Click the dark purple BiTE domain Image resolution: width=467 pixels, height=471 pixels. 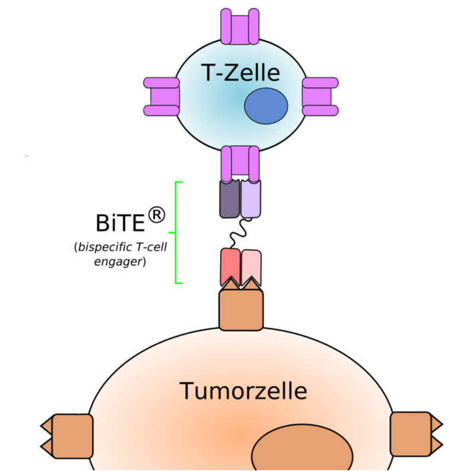(x=230, y=198)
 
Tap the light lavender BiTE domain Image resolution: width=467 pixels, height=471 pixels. (x=251, y=198)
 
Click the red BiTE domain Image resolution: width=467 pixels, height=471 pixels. (x=229, y=266)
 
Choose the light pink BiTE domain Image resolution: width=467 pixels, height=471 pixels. (x=251, y=266)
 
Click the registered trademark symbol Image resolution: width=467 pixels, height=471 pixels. (x=156, y=215)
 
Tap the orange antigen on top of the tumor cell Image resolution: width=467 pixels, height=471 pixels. (x=240, y=310)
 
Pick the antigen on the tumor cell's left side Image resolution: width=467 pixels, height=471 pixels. (x=67, y=435)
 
